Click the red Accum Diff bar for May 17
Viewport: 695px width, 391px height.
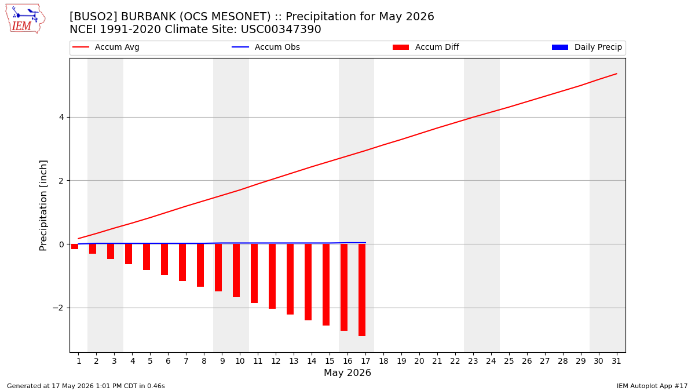tap(362, 290)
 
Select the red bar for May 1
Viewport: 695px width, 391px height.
tap(75, 246)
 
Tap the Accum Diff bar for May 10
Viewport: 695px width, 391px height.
tap(236, 271)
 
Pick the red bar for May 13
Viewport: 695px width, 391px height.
tap(290, 279)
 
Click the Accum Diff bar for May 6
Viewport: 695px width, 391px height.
tap(164, 260)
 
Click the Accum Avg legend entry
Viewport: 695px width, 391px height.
tap(106, 47)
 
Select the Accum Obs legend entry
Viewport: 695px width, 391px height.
tap(266, 47)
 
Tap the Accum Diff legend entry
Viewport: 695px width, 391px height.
tap(426, 47)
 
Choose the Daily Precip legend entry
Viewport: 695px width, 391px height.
tap(587, 47)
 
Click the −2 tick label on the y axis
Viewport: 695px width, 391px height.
tap(58, 308)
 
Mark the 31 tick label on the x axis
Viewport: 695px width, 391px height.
tap(616, 361)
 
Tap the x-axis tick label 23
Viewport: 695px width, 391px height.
tap(473, 361)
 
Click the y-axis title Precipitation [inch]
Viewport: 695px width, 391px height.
tap(43, 206)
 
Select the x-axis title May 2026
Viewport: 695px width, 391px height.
tap(348, 372)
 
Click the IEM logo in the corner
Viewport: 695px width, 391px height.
tap(25, 19)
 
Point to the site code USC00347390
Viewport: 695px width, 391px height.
tap(281, 30)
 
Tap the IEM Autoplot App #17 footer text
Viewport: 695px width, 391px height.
tap(652, 386)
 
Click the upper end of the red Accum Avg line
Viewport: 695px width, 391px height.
tap(616, 74)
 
